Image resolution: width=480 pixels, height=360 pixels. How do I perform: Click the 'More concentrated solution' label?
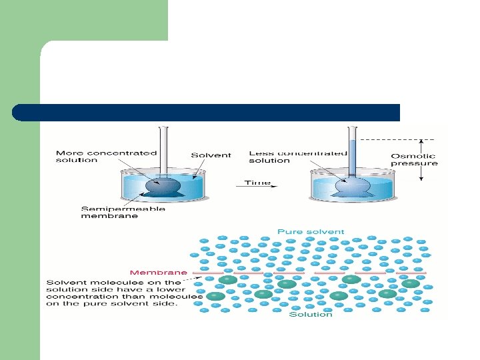click(105, 155)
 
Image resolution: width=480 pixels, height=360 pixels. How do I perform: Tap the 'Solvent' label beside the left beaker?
click(211, 155)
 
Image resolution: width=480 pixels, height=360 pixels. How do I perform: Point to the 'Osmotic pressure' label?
click(414, 159)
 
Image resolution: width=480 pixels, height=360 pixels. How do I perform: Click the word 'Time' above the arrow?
click(257, 182)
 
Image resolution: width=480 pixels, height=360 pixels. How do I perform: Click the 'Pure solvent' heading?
click(311, 232)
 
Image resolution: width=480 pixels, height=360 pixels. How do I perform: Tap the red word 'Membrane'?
click(158, 272)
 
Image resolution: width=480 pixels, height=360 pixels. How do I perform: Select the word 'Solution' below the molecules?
click(310, 315)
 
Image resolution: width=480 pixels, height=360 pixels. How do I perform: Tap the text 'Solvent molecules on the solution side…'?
click(124, 293)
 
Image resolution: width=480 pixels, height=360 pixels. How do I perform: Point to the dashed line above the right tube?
click(387, 139)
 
